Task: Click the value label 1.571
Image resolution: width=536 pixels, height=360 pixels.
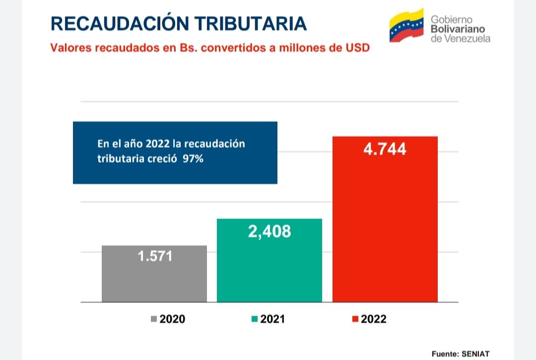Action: pyautogui.click(x=154, y=256)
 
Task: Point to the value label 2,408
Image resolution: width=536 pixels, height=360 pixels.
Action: pyautogui.click(x=269, y=231)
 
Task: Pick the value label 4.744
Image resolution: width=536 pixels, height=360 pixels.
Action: pyautogui.click(x=385, y=149)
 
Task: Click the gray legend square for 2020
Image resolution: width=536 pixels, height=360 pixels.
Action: pyautogui.click(x=154, y=319)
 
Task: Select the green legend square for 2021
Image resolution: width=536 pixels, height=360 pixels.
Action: pyautogui.click(x=255, y=319)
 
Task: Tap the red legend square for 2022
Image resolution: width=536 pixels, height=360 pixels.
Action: pyautogui.click(x=355, y=319)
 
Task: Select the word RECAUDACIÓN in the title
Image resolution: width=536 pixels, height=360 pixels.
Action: pyautogui.click(x=119, y=23)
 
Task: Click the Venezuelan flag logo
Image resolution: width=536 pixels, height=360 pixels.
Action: pyautogui.click(x=406, y=25)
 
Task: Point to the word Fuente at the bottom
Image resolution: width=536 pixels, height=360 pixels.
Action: pyautogui.click(x=444, y=354)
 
